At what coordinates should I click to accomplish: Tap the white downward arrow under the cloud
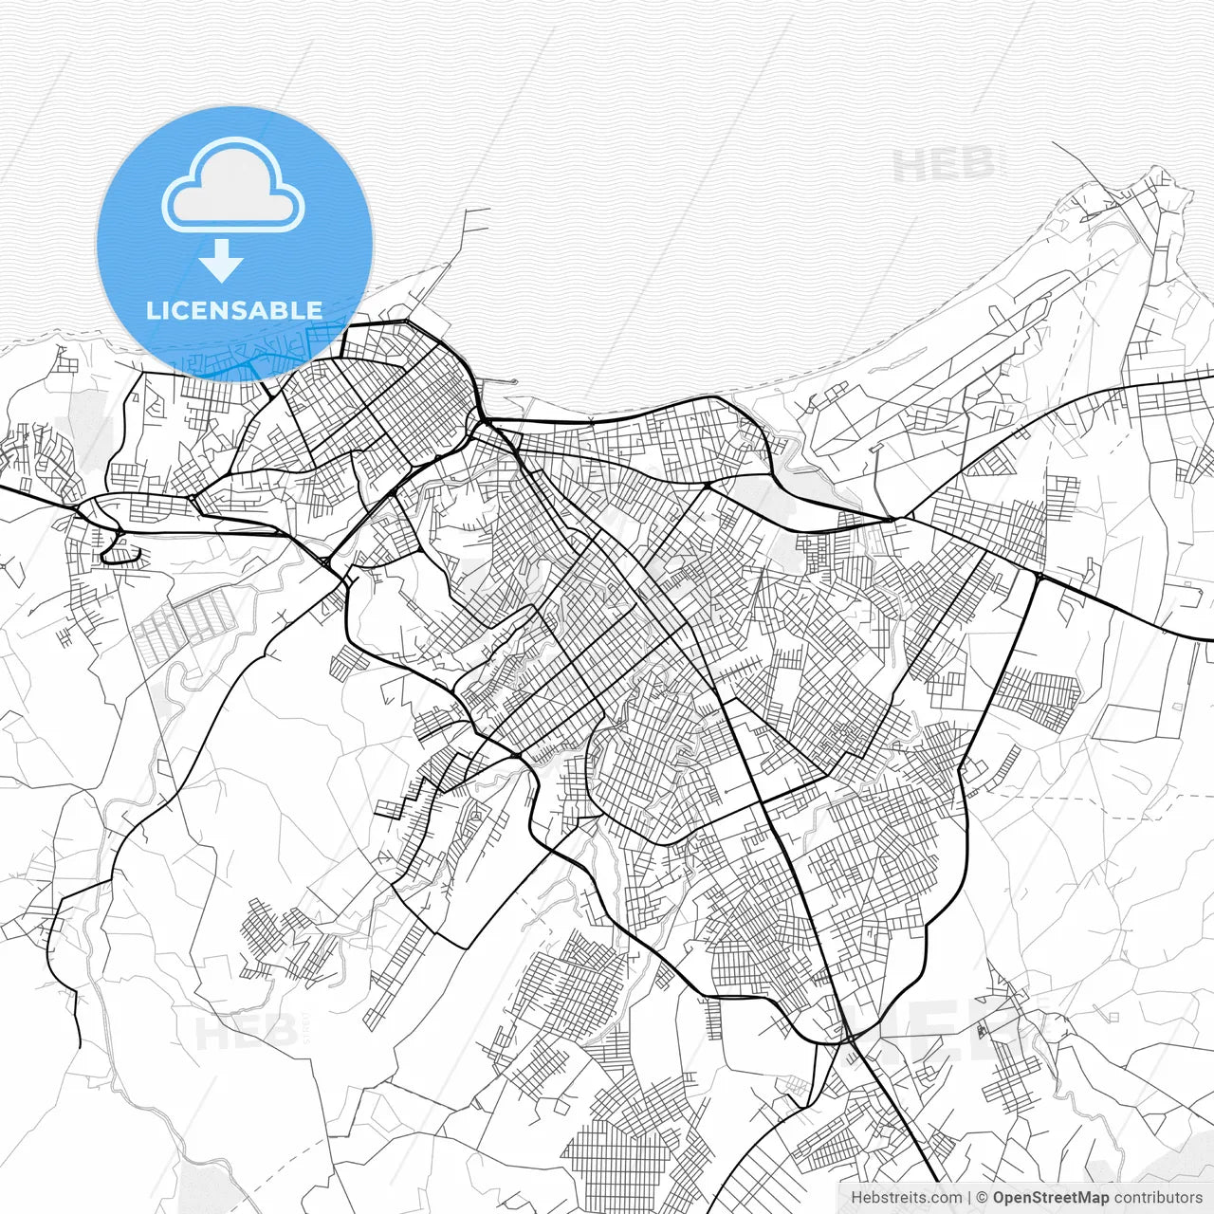point(221,260)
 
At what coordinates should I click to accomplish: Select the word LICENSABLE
point(233,310)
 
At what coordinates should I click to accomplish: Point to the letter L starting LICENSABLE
point(152,310)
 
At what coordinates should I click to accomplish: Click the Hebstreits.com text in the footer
point(906,1198)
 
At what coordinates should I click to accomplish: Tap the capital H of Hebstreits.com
point(856,1198)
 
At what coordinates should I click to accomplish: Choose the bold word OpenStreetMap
point(1050,1198)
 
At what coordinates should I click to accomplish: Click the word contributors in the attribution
point(1157,1198)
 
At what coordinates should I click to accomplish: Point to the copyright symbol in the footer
point(983,1198)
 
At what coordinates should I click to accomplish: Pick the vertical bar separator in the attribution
point(969,1198)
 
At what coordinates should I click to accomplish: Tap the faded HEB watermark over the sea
point(944,167)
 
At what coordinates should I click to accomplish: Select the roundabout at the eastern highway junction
point(1039,576)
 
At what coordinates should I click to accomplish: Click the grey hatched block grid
point(185,626)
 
